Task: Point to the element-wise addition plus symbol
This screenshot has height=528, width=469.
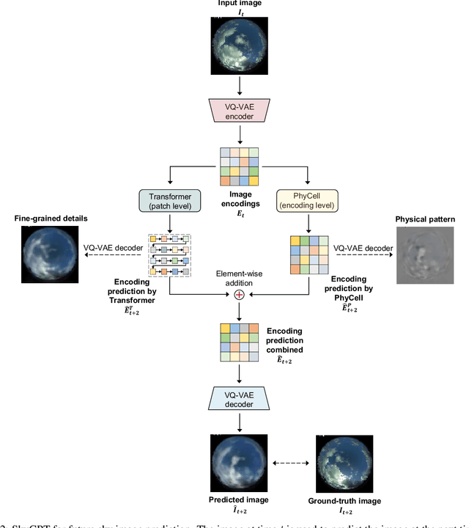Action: tap(239, 295)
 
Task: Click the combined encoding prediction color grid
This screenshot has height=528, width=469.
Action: tap(239, 343)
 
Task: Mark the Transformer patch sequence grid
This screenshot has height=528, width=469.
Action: tap(169, 256)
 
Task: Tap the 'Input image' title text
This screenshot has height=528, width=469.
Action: tap(239, 4)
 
